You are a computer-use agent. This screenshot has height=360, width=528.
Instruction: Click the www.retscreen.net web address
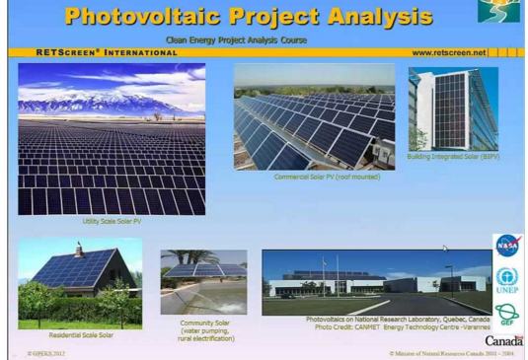tap(448, 52)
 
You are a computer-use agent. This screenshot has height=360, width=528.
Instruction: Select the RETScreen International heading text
tap(93, 52)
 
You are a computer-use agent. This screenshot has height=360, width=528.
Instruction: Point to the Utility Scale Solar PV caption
tap(112, 221)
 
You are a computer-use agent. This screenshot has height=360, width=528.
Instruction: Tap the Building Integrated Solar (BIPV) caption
tap(453, 156)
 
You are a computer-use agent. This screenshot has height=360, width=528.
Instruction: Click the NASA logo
tap(507, 246)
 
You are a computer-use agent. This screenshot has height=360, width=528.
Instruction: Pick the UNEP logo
tap(507, 280)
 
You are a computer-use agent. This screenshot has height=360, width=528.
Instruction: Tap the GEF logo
tap(507, 314)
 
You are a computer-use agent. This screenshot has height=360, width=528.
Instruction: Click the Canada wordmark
tap(503, 340)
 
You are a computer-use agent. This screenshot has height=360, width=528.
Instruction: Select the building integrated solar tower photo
tap(452, 108)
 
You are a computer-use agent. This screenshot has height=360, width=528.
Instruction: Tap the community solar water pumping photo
tap(203, 282)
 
